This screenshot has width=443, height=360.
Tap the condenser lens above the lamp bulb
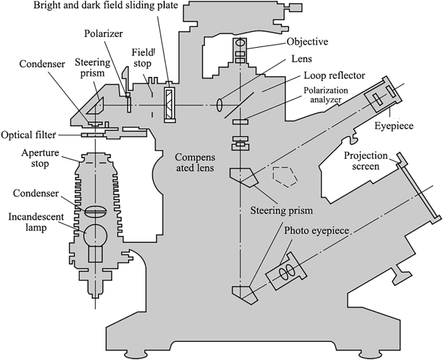tap(94, 210)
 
